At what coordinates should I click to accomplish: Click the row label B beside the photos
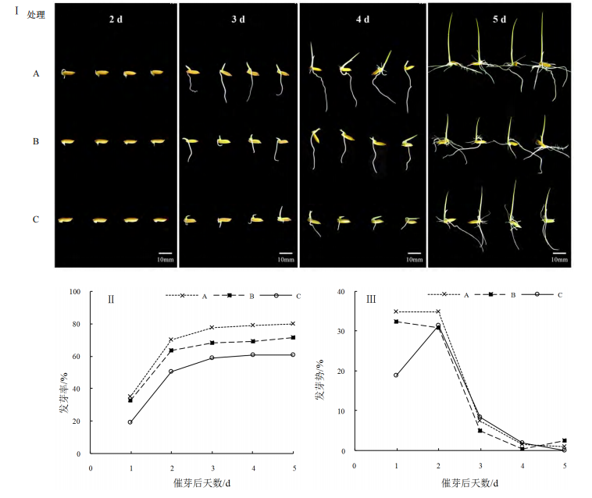[36, 142]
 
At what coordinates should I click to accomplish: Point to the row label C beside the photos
[36, 219]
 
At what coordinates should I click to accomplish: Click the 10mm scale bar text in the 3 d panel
[285, 259]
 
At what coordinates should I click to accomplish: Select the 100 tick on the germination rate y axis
[75, 292]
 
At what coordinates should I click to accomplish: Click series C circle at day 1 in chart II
[130, 422]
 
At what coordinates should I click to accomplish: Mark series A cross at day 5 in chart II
[293, 324]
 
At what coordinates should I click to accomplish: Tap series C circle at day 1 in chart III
[396, 375]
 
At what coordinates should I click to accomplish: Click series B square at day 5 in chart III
[565, 441]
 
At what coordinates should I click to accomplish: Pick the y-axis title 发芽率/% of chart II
[66, 372]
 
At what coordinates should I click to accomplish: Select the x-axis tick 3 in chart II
[212, 468]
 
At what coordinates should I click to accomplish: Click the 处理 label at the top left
[36, 15]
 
